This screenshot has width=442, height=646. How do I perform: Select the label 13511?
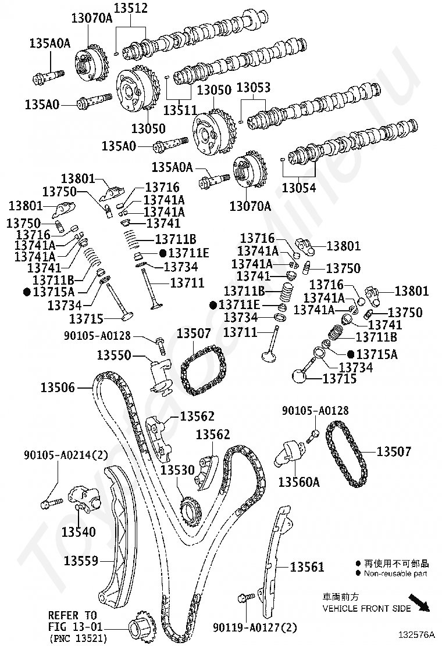[x=179, y=109]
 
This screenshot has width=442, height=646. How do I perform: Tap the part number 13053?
[x=254, y=88]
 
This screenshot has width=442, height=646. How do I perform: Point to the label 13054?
[x=299, y=188]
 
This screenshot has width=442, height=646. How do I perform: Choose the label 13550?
[x=114, y=355]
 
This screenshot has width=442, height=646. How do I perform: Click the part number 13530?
[x=178, y=469]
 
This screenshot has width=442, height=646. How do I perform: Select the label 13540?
[x=79, y=532]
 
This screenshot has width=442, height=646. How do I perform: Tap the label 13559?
[x=81, y=561]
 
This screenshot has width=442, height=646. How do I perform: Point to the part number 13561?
[x=306, y=567]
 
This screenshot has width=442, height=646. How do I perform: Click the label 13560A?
[x=299, y=482]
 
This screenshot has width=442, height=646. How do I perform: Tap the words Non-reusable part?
[x=395, y=574]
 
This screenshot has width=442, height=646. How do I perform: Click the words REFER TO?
[x=72, y=615]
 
